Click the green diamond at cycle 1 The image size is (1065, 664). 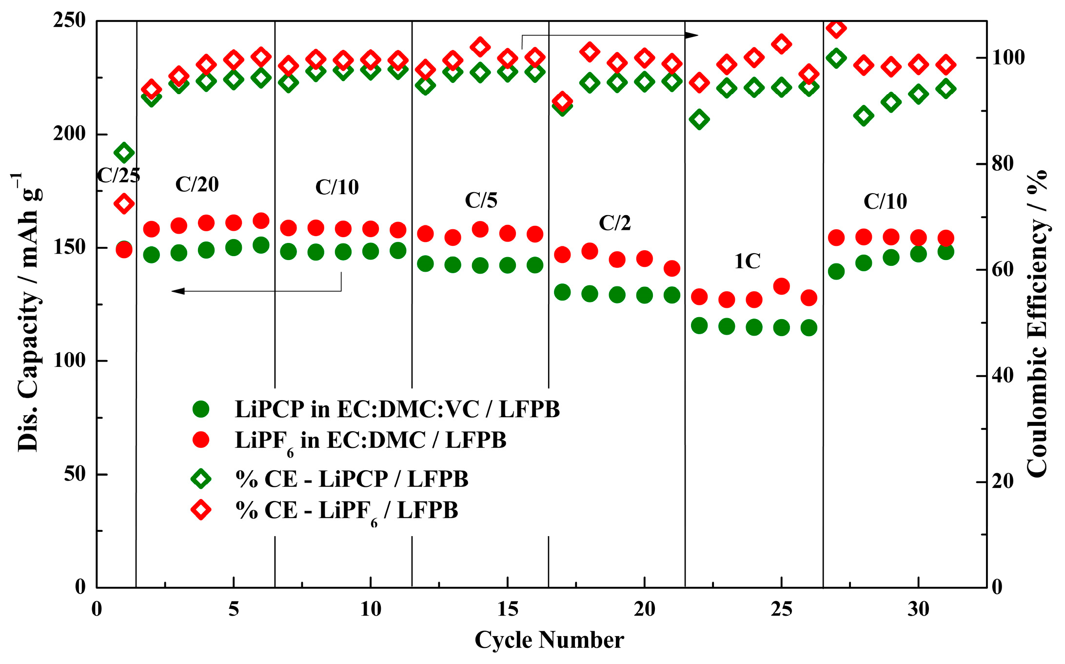[124, 153]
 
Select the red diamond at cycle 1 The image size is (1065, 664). [124, 203]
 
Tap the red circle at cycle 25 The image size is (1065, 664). [782, 286]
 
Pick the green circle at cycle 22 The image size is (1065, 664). [699, 325]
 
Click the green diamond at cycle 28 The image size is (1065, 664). [864, 116]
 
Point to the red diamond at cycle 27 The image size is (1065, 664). [836, 28]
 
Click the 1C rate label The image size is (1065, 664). [747, 262]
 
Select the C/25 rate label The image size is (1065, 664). [118, 176]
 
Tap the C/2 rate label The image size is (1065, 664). [614, 223]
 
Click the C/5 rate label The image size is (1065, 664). [481, 201]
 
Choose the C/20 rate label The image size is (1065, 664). [197, 184]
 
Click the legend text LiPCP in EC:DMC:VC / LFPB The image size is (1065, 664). [397, 409]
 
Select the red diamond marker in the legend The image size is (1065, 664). [200, 510]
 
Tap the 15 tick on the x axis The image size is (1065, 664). [507, 609]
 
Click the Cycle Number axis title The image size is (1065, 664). [549, 640]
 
